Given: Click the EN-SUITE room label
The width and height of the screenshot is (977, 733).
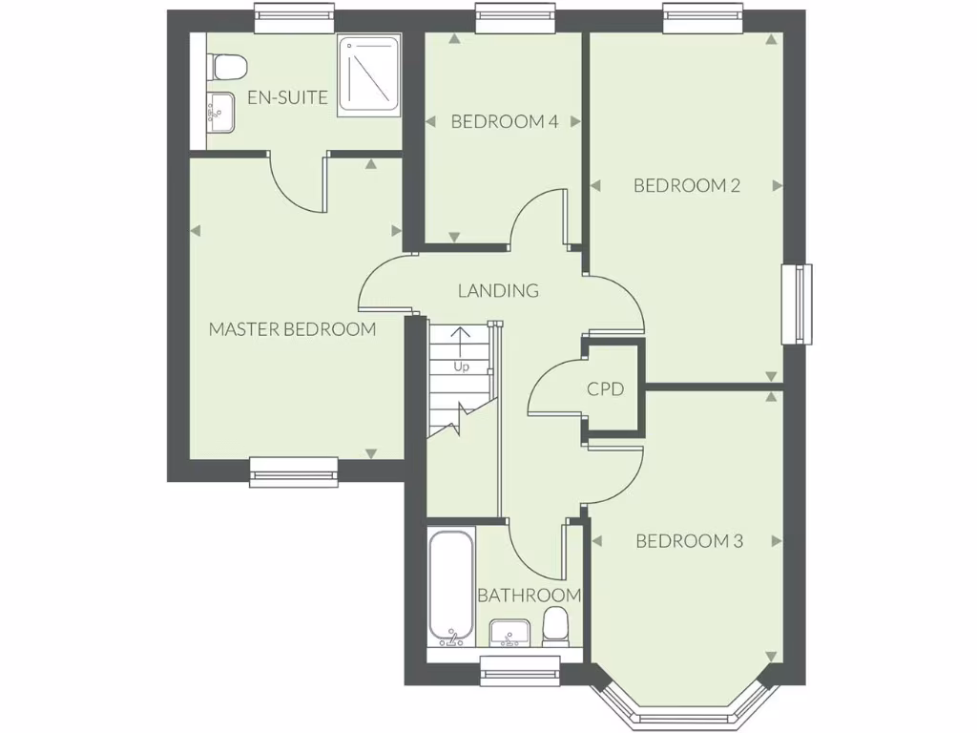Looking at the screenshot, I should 287,97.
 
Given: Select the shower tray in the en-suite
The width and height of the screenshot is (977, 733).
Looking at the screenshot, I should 367,76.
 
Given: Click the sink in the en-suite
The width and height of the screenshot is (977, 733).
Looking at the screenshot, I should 220,113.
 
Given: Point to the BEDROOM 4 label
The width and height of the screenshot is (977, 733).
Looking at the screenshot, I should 504,121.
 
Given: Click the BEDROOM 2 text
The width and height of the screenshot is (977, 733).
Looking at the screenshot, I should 687,185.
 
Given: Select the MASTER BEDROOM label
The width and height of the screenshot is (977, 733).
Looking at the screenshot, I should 292,329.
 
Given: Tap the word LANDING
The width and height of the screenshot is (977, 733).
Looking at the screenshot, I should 498,290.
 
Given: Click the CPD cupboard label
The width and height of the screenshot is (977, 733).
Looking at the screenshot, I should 605,389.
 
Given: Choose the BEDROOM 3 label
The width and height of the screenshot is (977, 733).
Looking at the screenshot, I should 689,541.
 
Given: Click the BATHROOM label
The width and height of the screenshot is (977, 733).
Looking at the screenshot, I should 529,596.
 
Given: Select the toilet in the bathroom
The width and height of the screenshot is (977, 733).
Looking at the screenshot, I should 554,628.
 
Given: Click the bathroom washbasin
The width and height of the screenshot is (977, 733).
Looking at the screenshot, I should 510,633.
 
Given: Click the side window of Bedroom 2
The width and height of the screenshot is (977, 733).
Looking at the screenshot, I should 798,304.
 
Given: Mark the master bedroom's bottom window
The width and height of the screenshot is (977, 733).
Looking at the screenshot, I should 294,471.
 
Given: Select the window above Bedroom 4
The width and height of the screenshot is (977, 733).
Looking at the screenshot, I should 515,16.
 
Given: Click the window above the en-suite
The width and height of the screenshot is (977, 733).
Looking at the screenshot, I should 295,16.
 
